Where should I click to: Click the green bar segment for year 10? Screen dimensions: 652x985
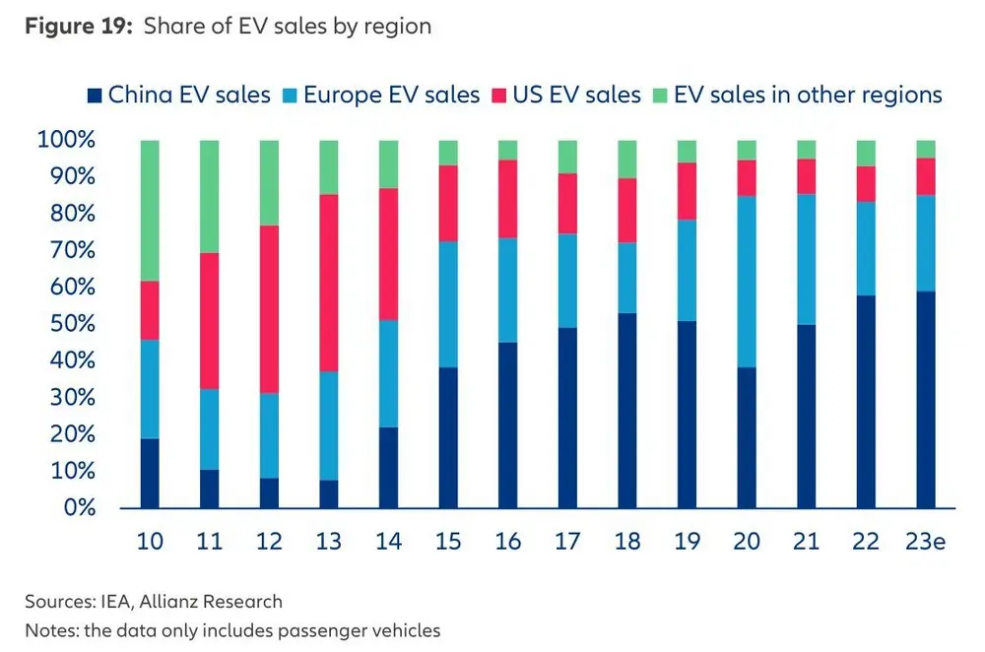pyautogui.click(x=150, y=210)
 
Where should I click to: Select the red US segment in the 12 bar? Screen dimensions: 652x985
pyautogui.click(x=269, y=309)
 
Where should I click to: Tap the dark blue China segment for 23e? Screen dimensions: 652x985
pyautogui.click(x=925, y=399)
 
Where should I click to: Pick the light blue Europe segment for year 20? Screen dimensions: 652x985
pyautogui.click(x=747, y=282)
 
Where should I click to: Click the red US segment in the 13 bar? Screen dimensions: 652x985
pyautogui.click(x=329, y=283)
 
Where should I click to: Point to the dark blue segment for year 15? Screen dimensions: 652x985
pyautogui.click(x=448, y=437)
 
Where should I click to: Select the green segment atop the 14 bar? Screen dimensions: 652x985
pyautogui.click(x=389, y=163)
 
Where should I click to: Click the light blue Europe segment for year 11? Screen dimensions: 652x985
pyautogui.click(x=210, y=429)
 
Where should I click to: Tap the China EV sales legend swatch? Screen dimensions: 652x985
pyautogui.click(x=95, y=96)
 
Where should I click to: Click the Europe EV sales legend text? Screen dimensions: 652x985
pyautogui.click(x=391, y=96)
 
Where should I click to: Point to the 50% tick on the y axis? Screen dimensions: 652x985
pyautogui.click(x=66, y=324)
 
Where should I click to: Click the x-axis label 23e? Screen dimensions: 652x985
pyautogui.click(x=925, y=543)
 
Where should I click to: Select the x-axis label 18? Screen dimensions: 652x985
pyautogui.click(x=627, y=543)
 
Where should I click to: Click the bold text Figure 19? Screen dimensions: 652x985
pyautogui.click(x=78, y=26)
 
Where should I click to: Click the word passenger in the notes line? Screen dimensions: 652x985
pyautogui.click(x=298, y=630)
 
